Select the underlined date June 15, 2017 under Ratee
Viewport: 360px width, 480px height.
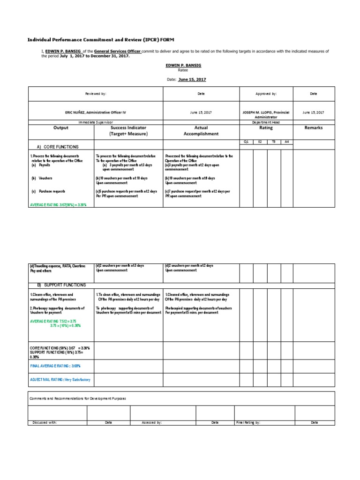pyautogui.click(x=192, y=80)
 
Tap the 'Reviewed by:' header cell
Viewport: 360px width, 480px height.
pyautogui.click(x=96, y=94)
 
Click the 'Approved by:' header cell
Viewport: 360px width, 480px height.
pyautogui.click(x=266, y=94)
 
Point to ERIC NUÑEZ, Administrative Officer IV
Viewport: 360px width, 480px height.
pyautogui.click(x=96, y=112)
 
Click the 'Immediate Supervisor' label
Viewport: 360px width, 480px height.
pyautogui.click(x=96, y=122)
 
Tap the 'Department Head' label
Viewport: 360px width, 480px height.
pyautogui.click(x=266, y=122)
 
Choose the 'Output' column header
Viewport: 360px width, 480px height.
pyautogui.click(x=61, y=127)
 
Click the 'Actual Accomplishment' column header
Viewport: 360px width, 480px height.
pyautogui.click(x=201, y=130)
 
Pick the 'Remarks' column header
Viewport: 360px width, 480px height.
pyautogui.click(x=314, y=127)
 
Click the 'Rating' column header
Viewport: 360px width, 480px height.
pyautogui.click(x=266, y=127)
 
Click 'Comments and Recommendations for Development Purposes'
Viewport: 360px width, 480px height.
pyautogui.click(x=78, y=398)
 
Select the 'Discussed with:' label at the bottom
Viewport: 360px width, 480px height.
pyautogui.click(x=45, y=422)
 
